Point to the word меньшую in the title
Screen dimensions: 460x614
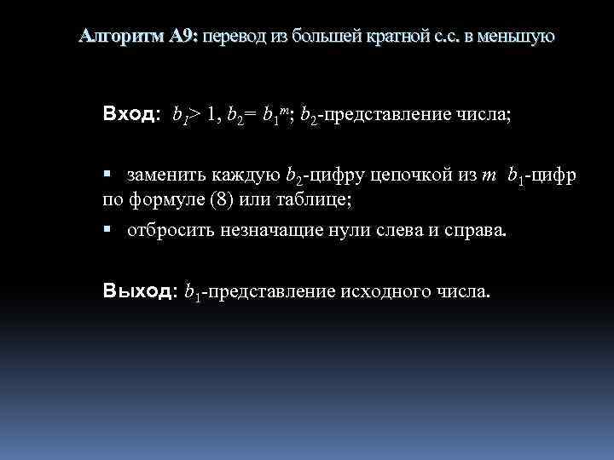click(x=516, y=36)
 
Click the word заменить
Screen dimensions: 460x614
click(x=162, y=175)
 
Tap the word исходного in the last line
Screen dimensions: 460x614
click(x=382, y=292)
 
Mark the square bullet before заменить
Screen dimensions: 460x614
click(x=107, y=175)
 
